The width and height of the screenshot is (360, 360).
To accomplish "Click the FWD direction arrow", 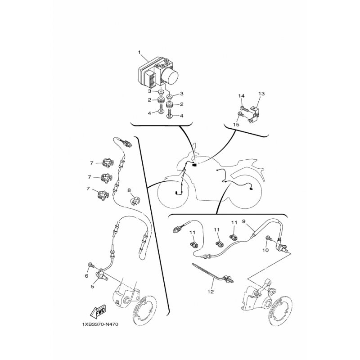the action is [x=98, y=311].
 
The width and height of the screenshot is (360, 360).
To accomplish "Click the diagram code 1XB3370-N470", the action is [x=100, y=324].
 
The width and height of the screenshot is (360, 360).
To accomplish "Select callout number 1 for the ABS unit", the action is [x=139, y=52].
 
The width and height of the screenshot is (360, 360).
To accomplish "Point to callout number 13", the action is [x=261, y=94].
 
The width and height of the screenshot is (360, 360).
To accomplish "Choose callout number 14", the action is [x=241, y=96].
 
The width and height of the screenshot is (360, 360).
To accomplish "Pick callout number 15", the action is [x=236, y=125].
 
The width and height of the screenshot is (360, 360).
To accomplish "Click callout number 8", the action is [x=129, y=190].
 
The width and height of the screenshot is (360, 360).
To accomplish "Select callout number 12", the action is [x=211, y=292].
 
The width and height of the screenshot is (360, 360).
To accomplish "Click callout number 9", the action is [x=244, y=221].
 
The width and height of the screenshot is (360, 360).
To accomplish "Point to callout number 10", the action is [x=265, y=250].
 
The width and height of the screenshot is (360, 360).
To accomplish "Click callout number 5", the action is [x=93, y=287].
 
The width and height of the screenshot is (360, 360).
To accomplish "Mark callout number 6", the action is [x=86, y=276].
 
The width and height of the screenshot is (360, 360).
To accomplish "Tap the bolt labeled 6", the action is [x=91, y=265].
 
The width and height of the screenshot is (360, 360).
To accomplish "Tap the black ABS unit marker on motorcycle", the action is [x=194, y=165].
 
